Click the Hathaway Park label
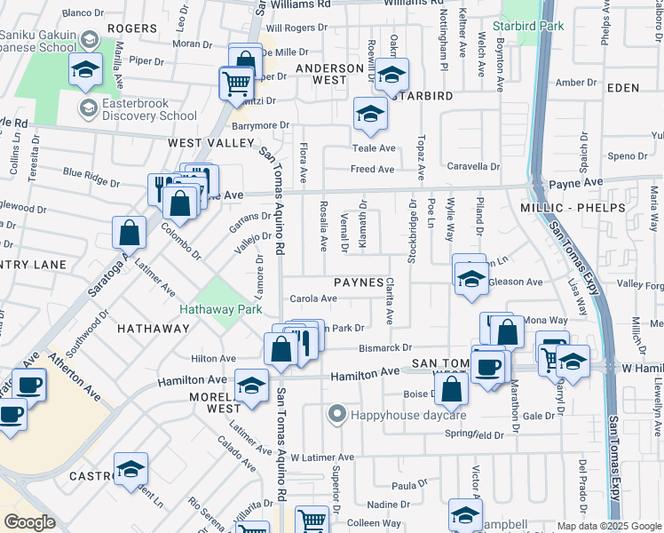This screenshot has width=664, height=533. pos(220,310)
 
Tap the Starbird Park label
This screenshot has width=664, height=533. pos(533,27)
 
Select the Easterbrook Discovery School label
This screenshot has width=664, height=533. pos(149,115)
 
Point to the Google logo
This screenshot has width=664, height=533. pos(29,522)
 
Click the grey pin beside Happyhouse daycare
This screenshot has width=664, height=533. pos(336,414)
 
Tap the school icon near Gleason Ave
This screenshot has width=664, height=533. pos(470,280)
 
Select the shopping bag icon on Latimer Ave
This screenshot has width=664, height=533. pos(130,234)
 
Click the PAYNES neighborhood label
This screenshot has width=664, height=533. pos(359,282)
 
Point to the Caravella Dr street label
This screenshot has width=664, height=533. pos(473,166)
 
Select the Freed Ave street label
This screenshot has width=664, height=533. pos(373,169)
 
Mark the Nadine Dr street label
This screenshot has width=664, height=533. pos(387,505)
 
